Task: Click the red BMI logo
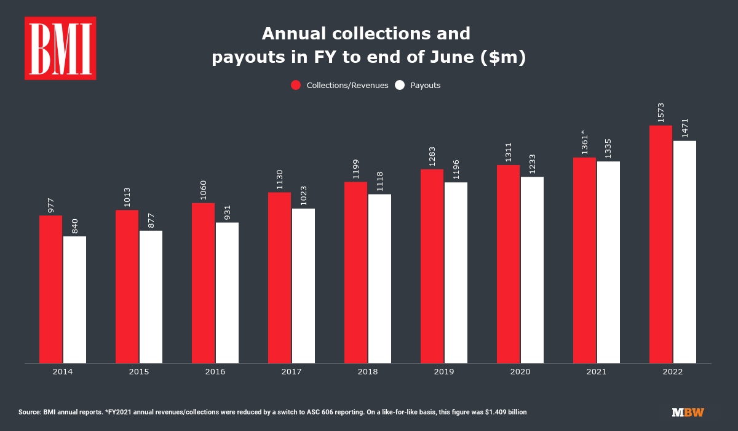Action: pos(60,49)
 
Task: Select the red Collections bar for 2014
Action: pos(50,289)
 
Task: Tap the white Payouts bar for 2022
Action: pos(684,252)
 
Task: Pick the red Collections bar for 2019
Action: pos(432,266)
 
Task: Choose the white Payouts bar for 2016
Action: pos(227,292)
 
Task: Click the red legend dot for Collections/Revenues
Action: pos(296,85)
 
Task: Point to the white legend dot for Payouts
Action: pos(400,85)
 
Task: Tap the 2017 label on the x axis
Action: pos(292,372)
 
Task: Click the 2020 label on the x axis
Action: pos(520,372)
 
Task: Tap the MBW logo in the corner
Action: pos(688,412)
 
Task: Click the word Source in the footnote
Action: pos(30,412)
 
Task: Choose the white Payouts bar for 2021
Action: pos(608,262)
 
